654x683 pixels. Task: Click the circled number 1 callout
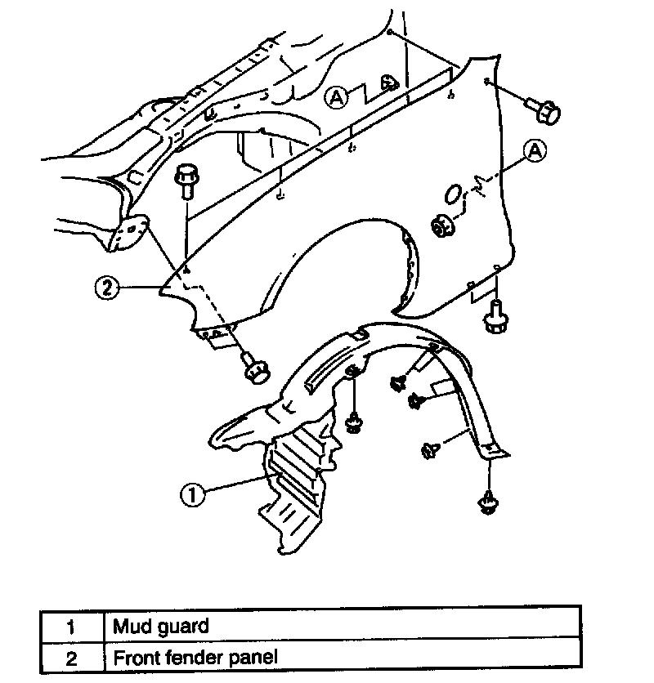192,494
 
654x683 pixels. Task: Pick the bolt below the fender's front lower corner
256,370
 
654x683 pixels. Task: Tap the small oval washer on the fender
452,194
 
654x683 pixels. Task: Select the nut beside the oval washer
443,225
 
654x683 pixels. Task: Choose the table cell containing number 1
71,627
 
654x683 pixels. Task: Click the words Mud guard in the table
161,627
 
